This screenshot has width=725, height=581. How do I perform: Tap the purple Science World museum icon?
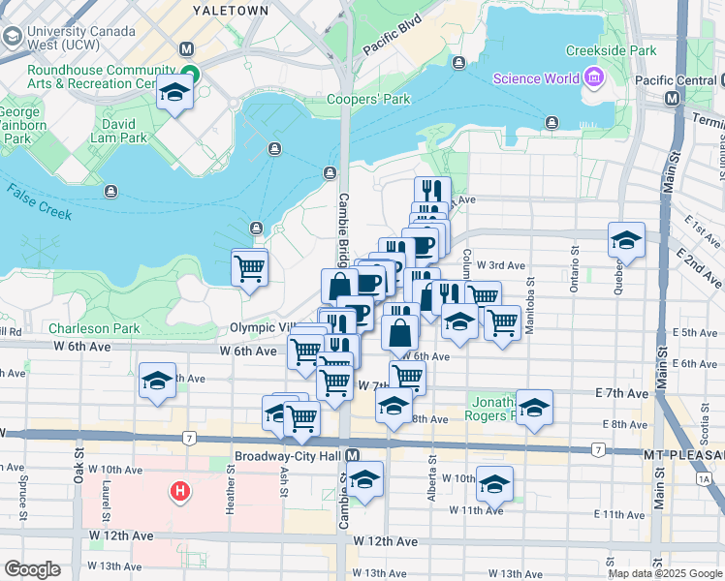click(x=592, y=77)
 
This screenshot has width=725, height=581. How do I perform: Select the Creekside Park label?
click(x=611, y=50)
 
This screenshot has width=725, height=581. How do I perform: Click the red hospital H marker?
click(x=179, y=492)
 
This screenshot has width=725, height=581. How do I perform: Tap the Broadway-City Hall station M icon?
click(x=353, y=455)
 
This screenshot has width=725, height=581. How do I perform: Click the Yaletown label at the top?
click(x=230, y=10)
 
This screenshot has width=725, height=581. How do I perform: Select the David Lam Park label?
click(x=125, y=131)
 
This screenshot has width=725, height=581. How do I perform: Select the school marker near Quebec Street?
click(x=626, y=240)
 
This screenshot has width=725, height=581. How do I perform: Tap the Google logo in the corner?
click(x=32, y=568)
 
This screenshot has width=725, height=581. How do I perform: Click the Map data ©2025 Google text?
click(x=665, y=573)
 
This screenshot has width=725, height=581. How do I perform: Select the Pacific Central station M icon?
click(x=671, y=99)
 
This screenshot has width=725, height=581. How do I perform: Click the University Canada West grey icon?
click(x=13, y=37)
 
